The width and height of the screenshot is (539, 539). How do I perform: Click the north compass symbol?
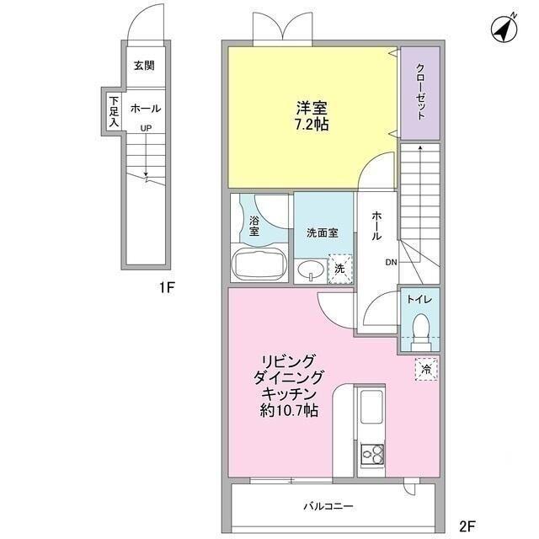click(504, 29)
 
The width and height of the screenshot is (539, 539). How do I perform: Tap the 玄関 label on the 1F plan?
click(143, 66)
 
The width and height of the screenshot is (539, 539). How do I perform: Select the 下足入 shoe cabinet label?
click(113, 109)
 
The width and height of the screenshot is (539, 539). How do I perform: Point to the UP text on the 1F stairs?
click(146, 128)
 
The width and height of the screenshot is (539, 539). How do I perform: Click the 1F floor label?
click(166, 288)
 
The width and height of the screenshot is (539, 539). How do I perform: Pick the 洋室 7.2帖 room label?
click(312, 116)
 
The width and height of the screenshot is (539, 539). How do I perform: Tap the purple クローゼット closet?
click(419, 93)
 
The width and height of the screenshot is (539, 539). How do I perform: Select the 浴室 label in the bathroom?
click(254, 226)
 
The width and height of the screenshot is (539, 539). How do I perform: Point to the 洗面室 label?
click(322, 232)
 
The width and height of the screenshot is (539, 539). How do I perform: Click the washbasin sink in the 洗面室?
click(309, 269)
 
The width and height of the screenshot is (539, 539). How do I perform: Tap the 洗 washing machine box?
click(339, 268)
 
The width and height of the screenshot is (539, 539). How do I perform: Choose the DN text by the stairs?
click(391, 263)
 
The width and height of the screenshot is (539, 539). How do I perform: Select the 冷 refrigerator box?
click(425, 370)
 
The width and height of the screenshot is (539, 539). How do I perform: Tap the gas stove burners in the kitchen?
click(371, 456)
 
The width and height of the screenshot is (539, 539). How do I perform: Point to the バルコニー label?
click(328, 507)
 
